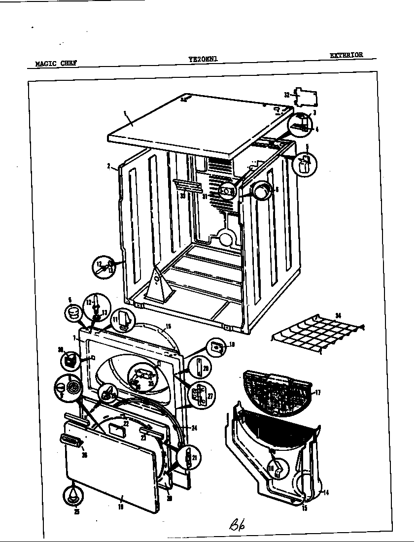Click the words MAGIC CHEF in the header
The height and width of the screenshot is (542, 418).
tap(56, 63)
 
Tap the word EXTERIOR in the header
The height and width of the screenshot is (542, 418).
tap(346, 55)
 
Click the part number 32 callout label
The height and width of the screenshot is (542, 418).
tap(286, 94)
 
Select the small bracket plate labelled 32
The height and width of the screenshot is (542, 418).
tap(304, 97)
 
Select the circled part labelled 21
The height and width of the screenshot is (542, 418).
tap(188, 458)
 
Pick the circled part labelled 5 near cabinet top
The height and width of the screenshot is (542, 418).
tap(306, 164)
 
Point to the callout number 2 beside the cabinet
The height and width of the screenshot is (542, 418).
tap(108, 166)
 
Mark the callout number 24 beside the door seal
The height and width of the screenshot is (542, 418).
tap(194, 428)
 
